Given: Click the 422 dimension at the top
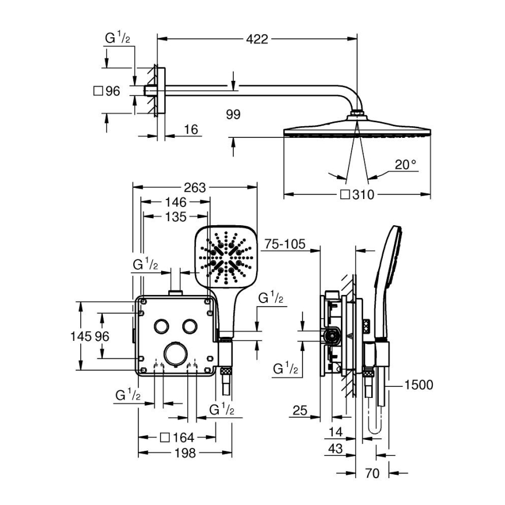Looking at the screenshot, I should coord(257,40).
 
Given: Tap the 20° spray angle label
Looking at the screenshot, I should coord(406,165).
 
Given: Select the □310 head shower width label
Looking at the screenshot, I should coord(357,195).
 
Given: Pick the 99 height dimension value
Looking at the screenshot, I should coord(233,114).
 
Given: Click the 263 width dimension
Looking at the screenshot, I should coord(195,187).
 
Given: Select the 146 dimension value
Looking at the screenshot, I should coord(175,202).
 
